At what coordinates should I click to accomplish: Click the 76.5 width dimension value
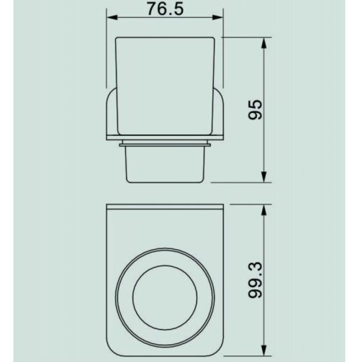pyautogui.click(x=165, y=10)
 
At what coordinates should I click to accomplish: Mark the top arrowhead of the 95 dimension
pyautogui.click(x=266, y=42)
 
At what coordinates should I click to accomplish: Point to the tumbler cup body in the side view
pyautogui.click(x=165, y=79)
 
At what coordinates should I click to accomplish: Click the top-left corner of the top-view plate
pyautogui.click(x=109, y=207)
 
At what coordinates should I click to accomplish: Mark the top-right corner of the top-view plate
pyautogui.click(x=222, y=207)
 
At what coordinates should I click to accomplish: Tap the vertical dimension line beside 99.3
pyautogui.click(x=266, y=237)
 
